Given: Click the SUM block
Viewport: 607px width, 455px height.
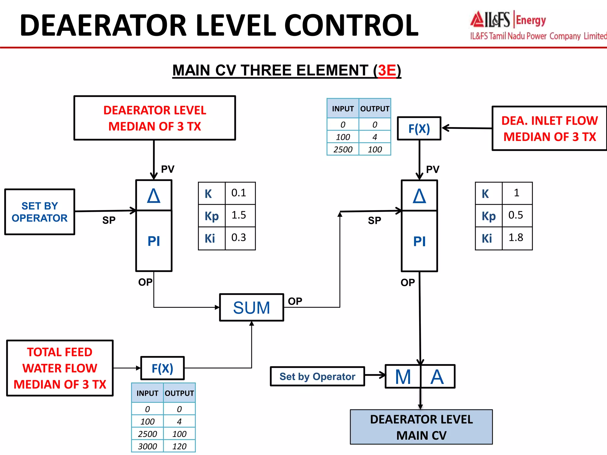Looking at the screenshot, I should (251, 307).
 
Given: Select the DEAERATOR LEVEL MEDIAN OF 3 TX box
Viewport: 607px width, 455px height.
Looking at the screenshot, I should (154, 118).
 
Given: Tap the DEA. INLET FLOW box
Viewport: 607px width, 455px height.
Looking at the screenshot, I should (549, 129).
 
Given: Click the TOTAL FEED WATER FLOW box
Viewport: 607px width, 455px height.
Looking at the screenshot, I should (60, 368).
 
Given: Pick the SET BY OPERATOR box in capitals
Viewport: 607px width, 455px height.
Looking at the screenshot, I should (40, 212).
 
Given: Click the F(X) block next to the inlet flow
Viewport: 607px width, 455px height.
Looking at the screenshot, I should (419, 129).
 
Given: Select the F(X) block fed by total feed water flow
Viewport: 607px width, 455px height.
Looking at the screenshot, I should (162, 368).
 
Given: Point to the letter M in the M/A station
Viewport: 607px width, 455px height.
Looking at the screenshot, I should (403, 377).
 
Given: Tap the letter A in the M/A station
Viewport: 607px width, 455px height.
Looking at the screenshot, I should (437, 377).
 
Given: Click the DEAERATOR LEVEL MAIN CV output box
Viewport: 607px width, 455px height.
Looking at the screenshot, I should (421, 427).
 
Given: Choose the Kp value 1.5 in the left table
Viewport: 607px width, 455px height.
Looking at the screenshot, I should (239, 215).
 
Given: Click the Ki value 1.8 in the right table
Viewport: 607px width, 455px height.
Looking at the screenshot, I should (516, 238).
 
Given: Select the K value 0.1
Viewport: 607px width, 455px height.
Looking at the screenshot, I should (239, 193).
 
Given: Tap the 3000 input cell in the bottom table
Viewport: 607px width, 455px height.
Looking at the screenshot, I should (147, 446).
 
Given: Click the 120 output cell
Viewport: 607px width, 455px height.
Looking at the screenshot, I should (179, 446).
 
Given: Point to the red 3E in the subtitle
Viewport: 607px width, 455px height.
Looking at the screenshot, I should (387, 71).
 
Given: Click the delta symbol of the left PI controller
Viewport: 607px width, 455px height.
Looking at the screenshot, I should (154, 196).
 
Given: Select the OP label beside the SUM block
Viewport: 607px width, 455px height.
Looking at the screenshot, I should (295, 301).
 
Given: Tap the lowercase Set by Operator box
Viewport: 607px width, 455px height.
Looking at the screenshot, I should (317, 377).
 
